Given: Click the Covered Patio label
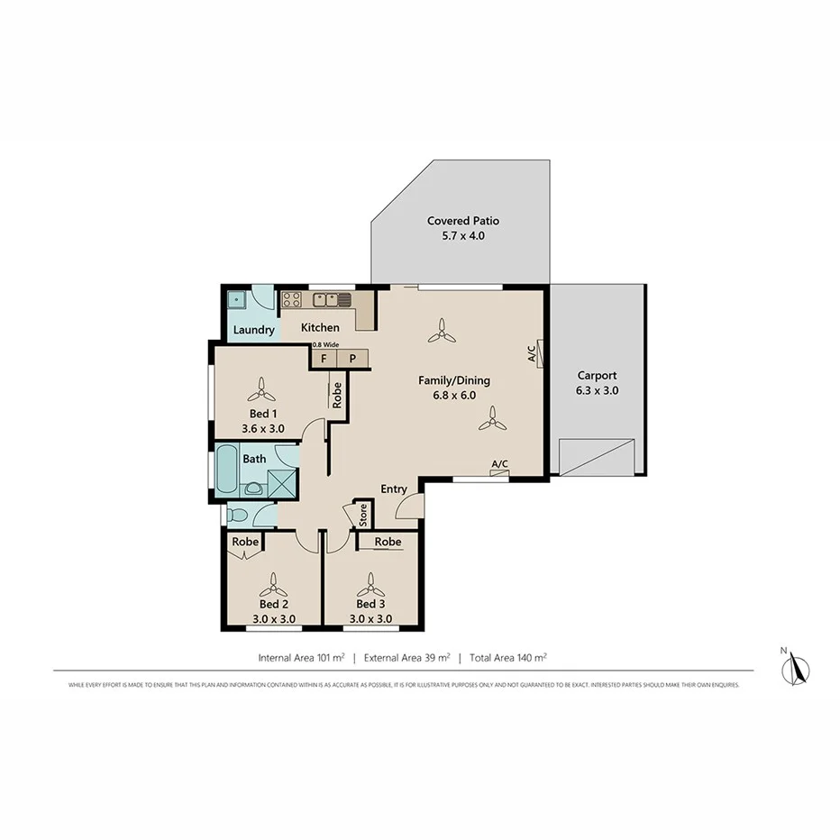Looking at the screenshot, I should tap(462, 221).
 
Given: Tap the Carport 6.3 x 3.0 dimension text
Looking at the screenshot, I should tap(597, 391).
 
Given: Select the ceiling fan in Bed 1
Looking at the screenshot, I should tap(262, 389).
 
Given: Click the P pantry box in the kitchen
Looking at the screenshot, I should tap(353, 358).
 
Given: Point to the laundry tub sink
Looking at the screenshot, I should tap(237, 300).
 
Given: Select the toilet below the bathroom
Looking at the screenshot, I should tap(235, 515).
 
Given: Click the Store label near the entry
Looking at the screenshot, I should tap(363, 515).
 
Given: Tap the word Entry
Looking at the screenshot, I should tap(394, 489).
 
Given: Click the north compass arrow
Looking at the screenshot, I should tap(796, 669).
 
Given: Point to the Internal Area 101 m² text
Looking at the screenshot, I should tap(301, 658).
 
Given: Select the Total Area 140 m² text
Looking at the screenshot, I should tap(509, 658).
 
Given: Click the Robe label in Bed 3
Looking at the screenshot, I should tap(388, 542).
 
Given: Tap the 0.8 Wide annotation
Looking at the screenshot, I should tap(325, 343).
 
